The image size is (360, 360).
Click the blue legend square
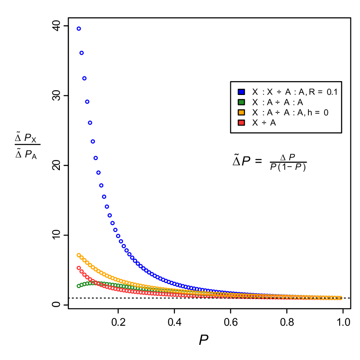241,92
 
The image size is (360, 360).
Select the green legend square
241,102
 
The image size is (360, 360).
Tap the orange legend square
241,112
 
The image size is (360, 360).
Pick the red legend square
241,123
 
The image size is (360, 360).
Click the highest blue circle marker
79,29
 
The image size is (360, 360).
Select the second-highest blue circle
82,53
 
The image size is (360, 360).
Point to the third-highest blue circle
84,78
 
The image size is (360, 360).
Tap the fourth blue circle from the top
87,101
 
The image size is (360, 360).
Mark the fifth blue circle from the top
90,122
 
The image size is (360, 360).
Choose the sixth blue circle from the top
93,141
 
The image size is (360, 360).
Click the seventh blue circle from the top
95,158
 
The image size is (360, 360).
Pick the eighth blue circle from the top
98,173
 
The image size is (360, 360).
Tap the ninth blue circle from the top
101,185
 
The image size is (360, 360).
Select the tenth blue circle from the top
104,196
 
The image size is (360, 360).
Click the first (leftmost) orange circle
79,255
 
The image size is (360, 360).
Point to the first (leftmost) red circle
79,268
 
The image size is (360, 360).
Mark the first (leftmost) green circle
79,286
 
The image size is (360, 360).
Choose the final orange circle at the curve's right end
340,298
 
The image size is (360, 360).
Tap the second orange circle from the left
82,258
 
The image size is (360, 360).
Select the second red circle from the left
82,272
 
